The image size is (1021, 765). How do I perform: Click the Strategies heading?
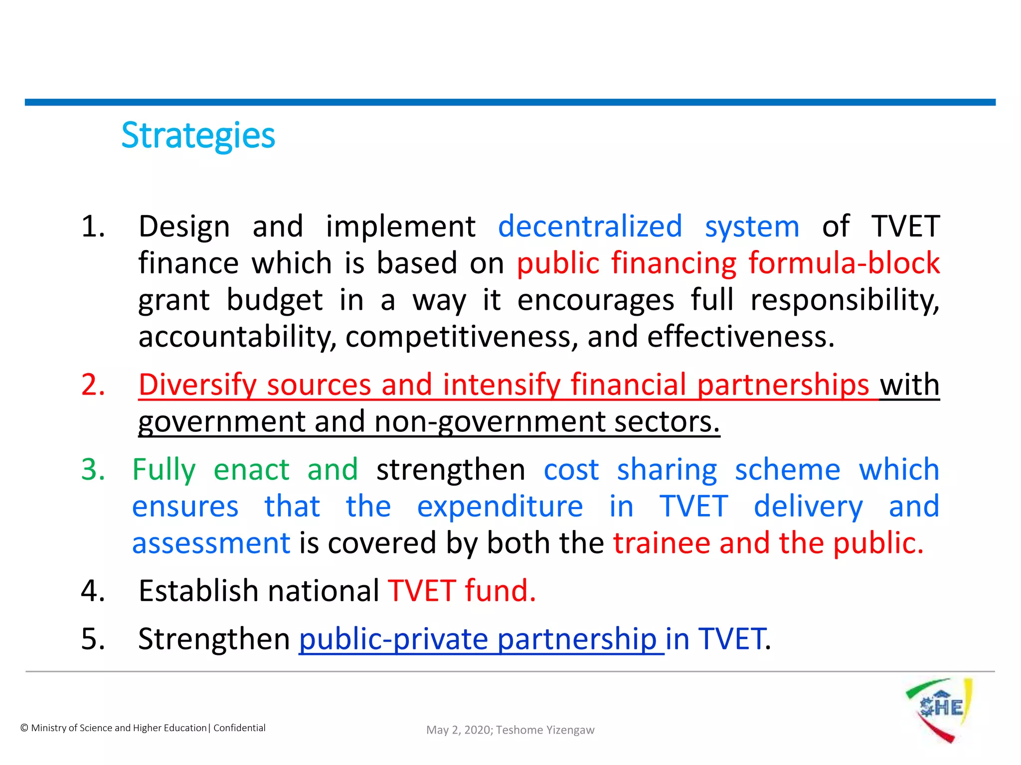click(198, 135)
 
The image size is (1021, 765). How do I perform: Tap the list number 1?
click(93, 227)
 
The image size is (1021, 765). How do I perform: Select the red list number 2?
click(93, 385)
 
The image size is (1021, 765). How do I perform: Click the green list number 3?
click(93, 470)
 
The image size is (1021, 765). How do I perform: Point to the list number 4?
click(93, 591)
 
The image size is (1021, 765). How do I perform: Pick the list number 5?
click(93, 639)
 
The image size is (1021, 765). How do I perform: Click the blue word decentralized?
click(590, 227)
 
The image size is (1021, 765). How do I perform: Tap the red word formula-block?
click(844, 263)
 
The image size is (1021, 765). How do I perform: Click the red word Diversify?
click(197, 385)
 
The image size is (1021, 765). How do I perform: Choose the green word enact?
click(251, 470)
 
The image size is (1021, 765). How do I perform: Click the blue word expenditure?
click(500, 507)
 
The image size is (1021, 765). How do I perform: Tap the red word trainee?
click(662, 543)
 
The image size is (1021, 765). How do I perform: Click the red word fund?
click(500, 591)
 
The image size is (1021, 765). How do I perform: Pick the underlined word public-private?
click(393, 639)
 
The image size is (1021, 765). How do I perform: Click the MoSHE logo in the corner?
click(939, 709)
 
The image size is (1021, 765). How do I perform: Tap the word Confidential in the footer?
click(239, 728)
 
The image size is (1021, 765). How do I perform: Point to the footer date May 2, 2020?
click(459, 730)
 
